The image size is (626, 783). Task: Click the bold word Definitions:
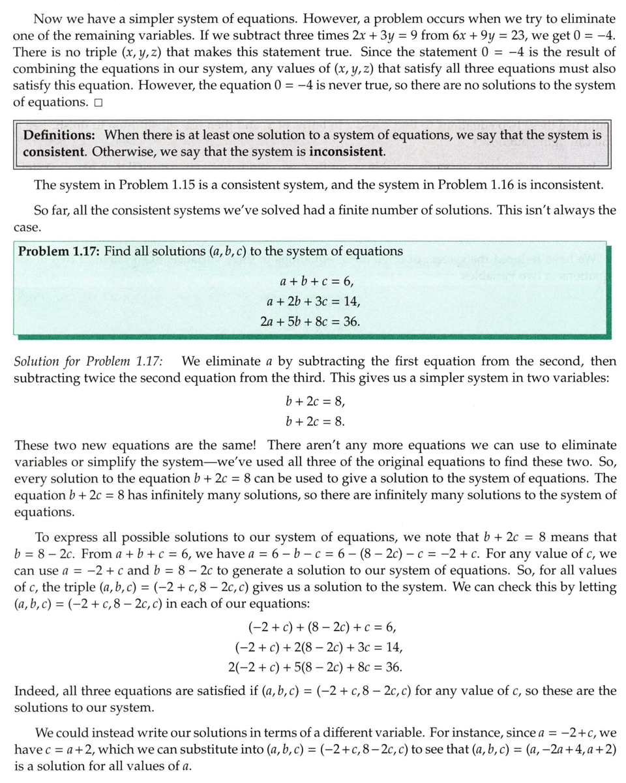(61, 135)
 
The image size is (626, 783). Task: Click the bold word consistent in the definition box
(52, 152)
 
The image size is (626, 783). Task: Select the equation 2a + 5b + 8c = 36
(312, 322)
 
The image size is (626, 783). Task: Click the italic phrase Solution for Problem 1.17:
(89, 361)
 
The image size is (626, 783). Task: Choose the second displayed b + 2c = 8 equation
(315, 421)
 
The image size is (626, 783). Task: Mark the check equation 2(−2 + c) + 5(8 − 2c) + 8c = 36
(316, 667)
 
